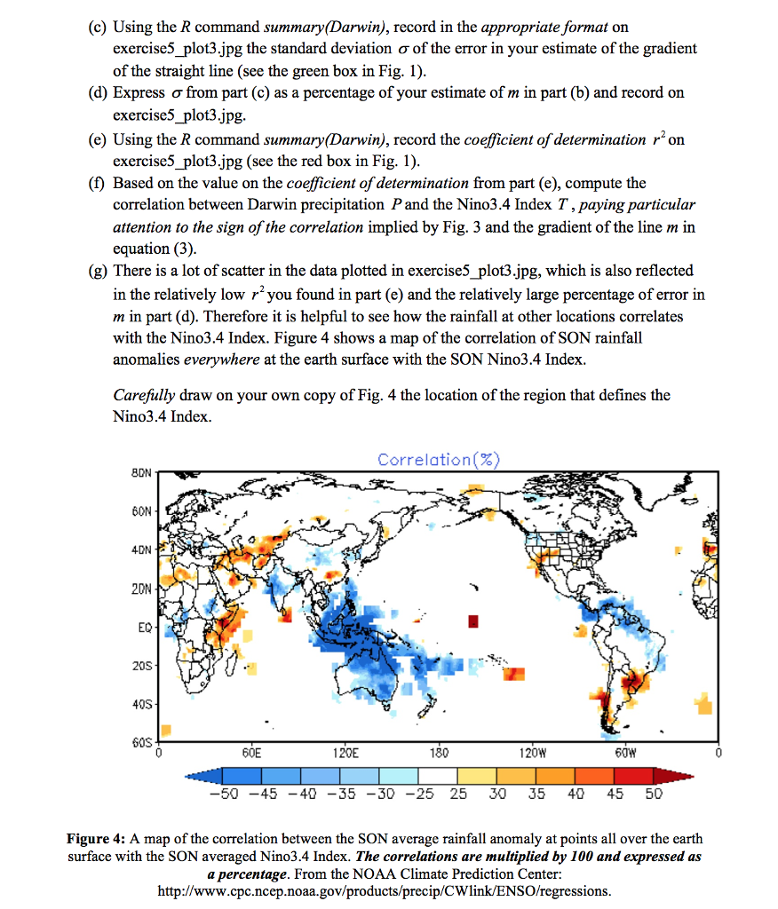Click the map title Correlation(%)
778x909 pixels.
(x=439, y=459)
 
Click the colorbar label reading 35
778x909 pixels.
(x=536, y=793)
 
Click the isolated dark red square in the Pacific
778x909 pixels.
(x=472, y=619)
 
